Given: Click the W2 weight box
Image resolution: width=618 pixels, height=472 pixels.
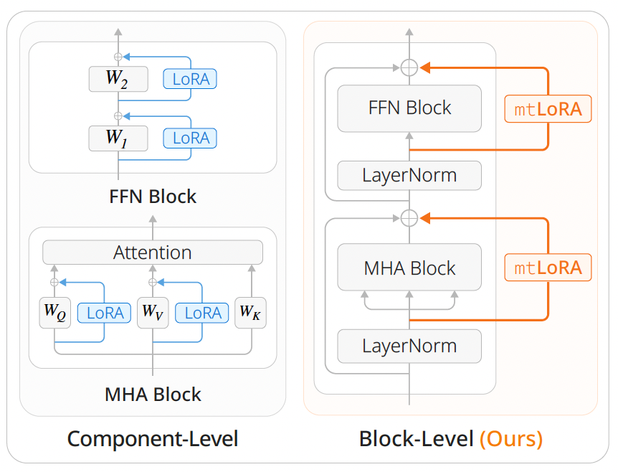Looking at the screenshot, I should [118, 79].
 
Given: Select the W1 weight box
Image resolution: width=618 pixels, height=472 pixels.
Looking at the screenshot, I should [118, 138].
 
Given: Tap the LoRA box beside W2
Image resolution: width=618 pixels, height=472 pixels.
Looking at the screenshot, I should [190, 79].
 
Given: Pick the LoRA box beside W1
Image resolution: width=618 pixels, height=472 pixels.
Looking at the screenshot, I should [190, 138].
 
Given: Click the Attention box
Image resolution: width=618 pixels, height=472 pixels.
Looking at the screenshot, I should [153, 252].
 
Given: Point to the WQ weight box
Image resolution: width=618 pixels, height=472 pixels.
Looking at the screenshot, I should [54, 313].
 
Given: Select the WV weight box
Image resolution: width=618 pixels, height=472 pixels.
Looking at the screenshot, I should [153, 313].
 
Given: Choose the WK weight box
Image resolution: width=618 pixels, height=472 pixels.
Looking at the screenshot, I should [251, 313].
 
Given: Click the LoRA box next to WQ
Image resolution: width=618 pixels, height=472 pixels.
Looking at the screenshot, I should [105, 313].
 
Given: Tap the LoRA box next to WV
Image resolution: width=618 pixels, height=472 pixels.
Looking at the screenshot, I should [203, 313].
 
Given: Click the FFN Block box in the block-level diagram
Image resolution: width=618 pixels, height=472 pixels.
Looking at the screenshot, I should [409, 108].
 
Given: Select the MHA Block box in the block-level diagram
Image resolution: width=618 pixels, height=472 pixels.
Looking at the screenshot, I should [409, 268].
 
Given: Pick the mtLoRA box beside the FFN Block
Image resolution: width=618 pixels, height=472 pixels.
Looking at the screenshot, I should [548, 109].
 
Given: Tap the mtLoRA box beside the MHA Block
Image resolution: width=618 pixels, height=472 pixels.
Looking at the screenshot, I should [548, 268].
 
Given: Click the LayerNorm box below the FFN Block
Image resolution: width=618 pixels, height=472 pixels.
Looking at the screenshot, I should [409, 175].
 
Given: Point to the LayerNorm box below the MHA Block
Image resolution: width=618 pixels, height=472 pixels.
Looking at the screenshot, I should [409, 346].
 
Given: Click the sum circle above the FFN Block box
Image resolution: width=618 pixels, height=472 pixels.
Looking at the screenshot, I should [409, 67].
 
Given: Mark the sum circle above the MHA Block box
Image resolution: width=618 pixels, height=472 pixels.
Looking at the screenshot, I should [409, 217].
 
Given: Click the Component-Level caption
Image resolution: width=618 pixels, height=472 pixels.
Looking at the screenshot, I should [153, 438].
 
